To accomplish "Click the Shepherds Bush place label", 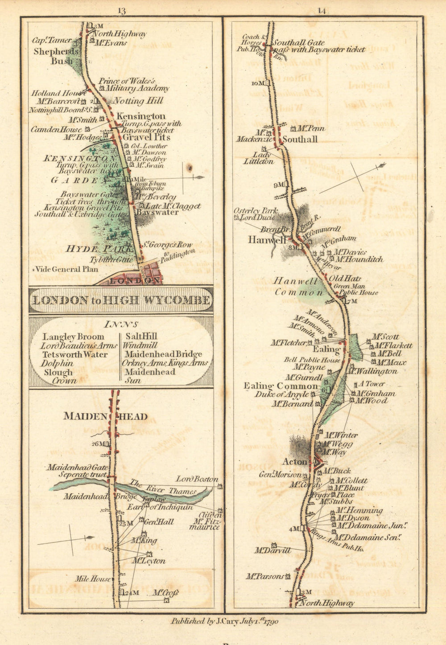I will coord(56,56).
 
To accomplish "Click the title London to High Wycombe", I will coord(121,300).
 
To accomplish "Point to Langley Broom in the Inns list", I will coord(73,337).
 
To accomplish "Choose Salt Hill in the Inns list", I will coord(141,337).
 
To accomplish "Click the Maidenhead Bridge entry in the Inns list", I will coord(162,354).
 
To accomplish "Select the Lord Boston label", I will coord(197,479).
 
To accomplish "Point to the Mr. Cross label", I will coord(165,593).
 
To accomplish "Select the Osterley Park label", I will coord(256,211).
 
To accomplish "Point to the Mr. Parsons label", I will coord(265,576).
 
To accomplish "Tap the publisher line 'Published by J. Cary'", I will coord(224,621).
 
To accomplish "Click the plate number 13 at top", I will coord(122,10).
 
